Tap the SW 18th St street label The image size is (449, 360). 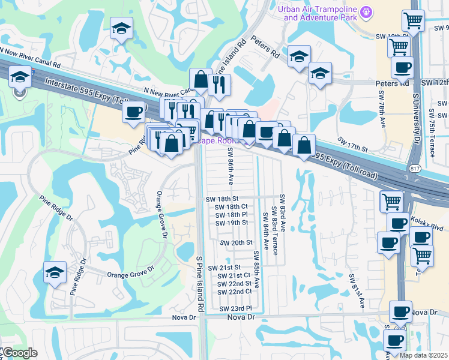[x=222, y=199]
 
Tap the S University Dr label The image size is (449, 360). [x=415, y=118]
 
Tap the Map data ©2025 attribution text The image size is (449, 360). [x=424, y=355]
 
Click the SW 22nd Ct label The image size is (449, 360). [x=235, y=292]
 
